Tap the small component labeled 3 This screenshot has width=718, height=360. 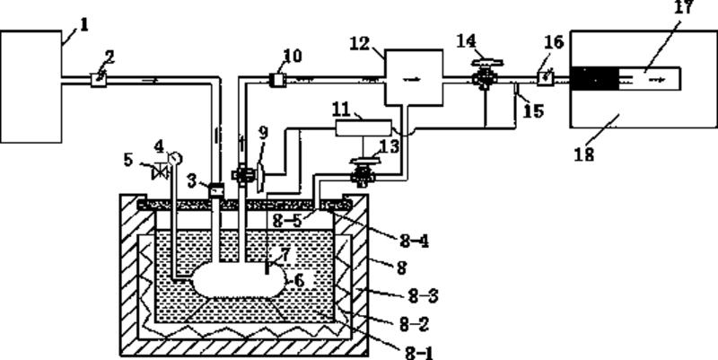(x=215, y=189)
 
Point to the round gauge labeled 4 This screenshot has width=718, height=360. (x=173, y=158)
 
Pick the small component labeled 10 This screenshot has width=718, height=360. (x=276, y=80)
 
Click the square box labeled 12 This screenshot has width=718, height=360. (x=413, y=79)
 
